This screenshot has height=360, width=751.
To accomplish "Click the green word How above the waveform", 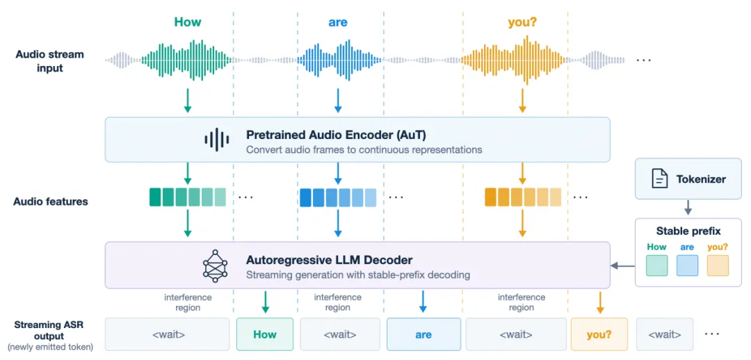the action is (188, 22).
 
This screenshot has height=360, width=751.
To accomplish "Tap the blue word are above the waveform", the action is (338, 22).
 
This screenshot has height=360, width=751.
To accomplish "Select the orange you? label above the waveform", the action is (522, 23).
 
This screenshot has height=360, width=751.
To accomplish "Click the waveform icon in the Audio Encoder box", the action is (216, 139).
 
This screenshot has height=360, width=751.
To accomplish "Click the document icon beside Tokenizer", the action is (659, 179).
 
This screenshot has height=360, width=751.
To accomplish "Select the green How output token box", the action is (265, 334).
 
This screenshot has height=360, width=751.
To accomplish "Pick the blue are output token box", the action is (424, 334).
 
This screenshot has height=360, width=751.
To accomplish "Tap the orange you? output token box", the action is (599, 334).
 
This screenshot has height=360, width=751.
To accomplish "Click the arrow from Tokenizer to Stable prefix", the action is (688, 207).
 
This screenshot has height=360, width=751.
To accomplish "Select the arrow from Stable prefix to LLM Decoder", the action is (622, 265).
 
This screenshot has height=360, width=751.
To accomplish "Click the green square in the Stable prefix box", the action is (656, 265).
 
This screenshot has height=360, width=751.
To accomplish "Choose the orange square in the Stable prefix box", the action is (718, 265).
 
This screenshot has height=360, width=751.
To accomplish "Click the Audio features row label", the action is (50, 202).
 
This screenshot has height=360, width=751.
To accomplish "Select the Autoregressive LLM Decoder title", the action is (329, 260).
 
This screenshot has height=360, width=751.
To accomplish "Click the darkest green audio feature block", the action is (155, 197).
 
